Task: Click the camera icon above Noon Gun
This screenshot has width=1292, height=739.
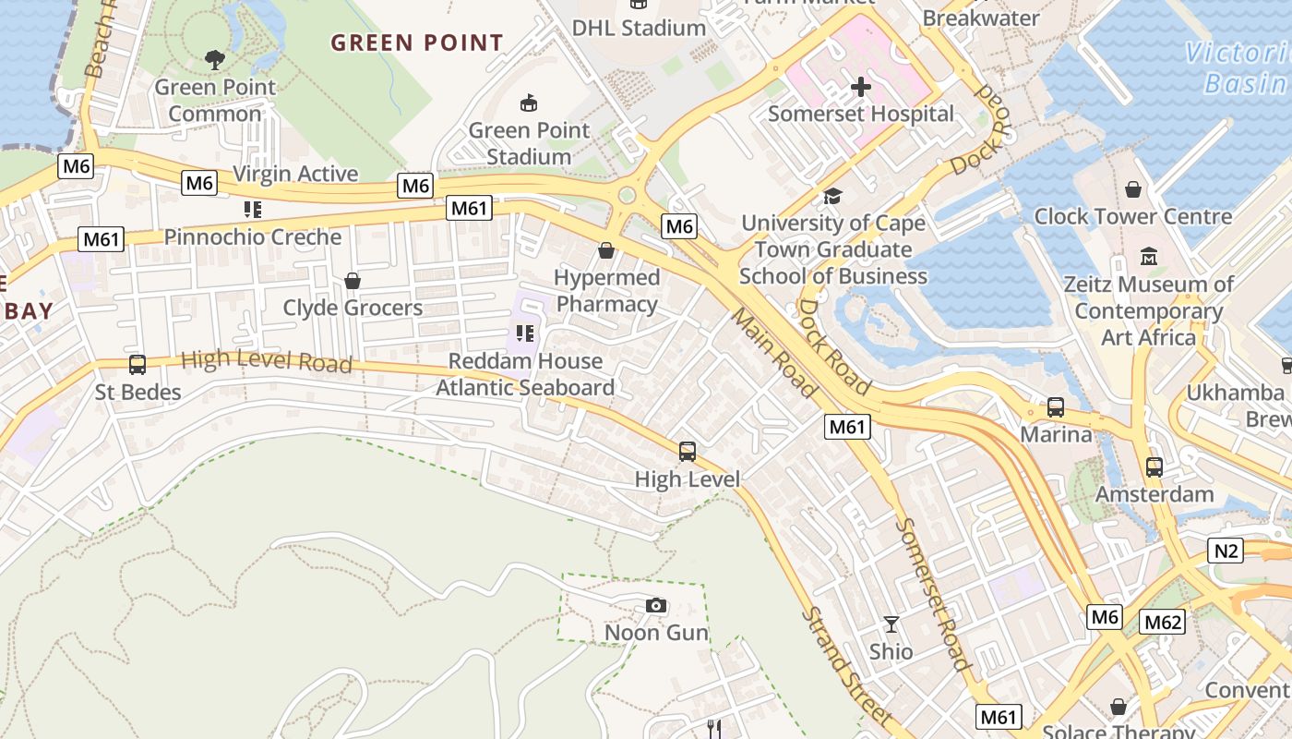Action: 656,606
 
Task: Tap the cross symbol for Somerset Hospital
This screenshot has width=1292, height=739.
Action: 861,87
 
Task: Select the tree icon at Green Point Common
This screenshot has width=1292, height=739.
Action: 215,61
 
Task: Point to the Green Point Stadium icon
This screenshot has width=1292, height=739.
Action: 529,103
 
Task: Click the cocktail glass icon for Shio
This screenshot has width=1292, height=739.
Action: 891,624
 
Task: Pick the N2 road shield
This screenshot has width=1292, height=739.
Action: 1226,551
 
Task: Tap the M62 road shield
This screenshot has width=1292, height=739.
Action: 1162,622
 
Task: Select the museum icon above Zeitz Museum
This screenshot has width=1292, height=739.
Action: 1149,256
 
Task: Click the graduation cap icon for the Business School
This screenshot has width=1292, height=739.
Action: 832,196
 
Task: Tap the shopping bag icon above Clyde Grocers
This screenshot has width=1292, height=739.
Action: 353,281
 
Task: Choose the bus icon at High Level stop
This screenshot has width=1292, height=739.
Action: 688,452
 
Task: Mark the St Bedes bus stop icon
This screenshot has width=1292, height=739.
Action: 138,365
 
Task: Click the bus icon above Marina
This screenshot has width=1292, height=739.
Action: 1055,407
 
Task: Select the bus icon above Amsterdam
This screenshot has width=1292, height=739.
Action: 1154,467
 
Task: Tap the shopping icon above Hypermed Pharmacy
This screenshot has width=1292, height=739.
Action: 606,250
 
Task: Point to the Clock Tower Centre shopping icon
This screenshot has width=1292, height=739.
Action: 1132,189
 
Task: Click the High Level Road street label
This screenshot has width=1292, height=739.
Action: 267,361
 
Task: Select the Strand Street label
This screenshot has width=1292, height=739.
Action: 845,665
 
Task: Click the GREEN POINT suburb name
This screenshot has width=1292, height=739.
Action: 417,42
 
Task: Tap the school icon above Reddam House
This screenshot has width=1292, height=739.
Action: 525,333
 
